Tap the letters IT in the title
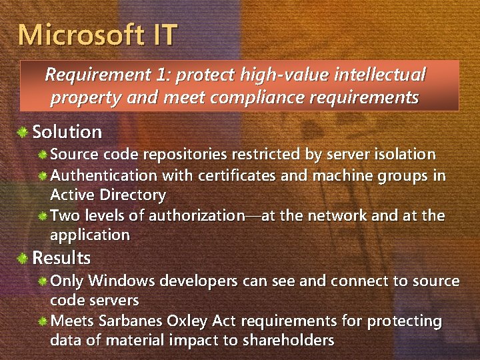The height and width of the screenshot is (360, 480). tap(161, 35)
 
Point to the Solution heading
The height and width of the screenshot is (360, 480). tap(67, 132)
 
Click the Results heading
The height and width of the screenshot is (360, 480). tap(61, 257)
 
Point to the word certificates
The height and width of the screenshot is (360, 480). tap(238, 176)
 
